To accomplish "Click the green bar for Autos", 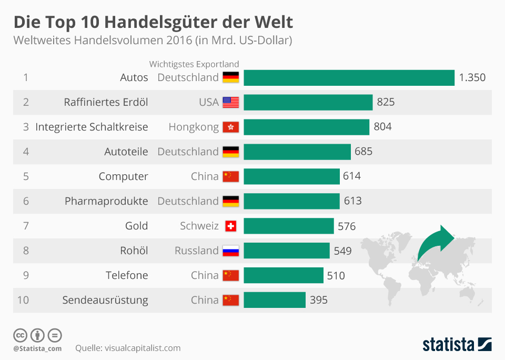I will click(349, 77).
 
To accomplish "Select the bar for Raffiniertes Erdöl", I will click(308, 102).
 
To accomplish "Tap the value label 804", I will click(382, 127).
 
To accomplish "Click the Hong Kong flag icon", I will click(230, 127).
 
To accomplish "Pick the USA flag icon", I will click(230, 102).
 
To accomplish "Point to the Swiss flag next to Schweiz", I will click(230, 226).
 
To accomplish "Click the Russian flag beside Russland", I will click(230, 251).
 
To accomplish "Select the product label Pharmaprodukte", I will click(106, 201).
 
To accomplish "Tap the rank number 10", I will click(23, 300).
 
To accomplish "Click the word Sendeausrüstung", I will click(105, 300).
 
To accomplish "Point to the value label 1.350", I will click(472, 77).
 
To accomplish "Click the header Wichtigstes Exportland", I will click(194, 64).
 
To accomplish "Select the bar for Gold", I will click(288, 226).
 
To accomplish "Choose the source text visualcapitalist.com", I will click(143, 348).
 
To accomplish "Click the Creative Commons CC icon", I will click(21, 335).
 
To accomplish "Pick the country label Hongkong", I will click(194, 127).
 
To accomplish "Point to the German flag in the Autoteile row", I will click(230, 152).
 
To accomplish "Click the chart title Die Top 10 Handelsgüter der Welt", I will click(153, 22).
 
